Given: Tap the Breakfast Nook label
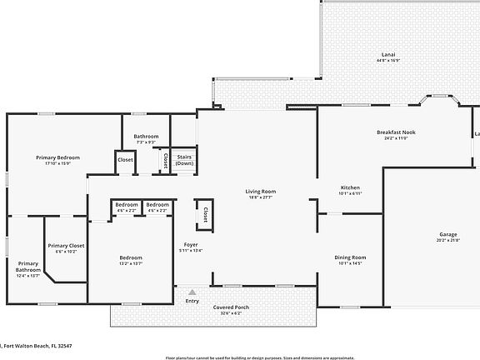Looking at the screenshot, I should pos(397,132).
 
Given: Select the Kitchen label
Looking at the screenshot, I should pos(350,187).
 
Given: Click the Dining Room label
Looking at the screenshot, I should pos(350,257).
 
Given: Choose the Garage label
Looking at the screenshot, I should pos(447,234).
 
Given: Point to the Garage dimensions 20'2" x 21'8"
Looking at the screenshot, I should pos(447,241).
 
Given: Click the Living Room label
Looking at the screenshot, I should pos(260,191).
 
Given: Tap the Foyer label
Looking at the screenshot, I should pos(191,244).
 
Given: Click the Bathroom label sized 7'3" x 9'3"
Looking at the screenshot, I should pos(146,136).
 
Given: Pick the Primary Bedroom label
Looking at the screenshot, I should pos(57,157).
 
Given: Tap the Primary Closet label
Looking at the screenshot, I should pos(66,245).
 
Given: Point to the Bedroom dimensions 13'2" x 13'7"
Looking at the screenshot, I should pos(131,263).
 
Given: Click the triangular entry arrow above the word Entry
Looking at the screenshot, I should pos(192,292).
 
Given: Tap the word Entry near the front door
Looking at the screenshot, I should pos(192,301).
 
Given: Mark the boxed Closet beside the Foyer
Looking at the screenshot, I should pos(201,215).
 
